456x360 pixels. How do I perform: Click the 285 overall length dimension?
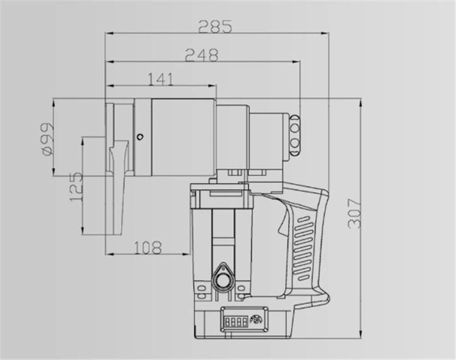[215, 27]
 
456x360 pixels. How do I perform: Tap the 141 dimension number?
[160, 79]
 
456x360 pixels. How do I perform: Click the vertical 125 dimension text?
[76, 187]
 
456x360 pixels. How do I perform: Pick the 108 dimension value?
[147, 247]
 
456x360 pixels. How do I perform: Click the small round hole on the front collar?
[140, 136]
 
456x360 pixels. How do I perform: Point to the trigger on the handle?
[282, 226]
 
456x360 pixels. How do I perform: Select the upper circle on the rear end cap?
[295, 120]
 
